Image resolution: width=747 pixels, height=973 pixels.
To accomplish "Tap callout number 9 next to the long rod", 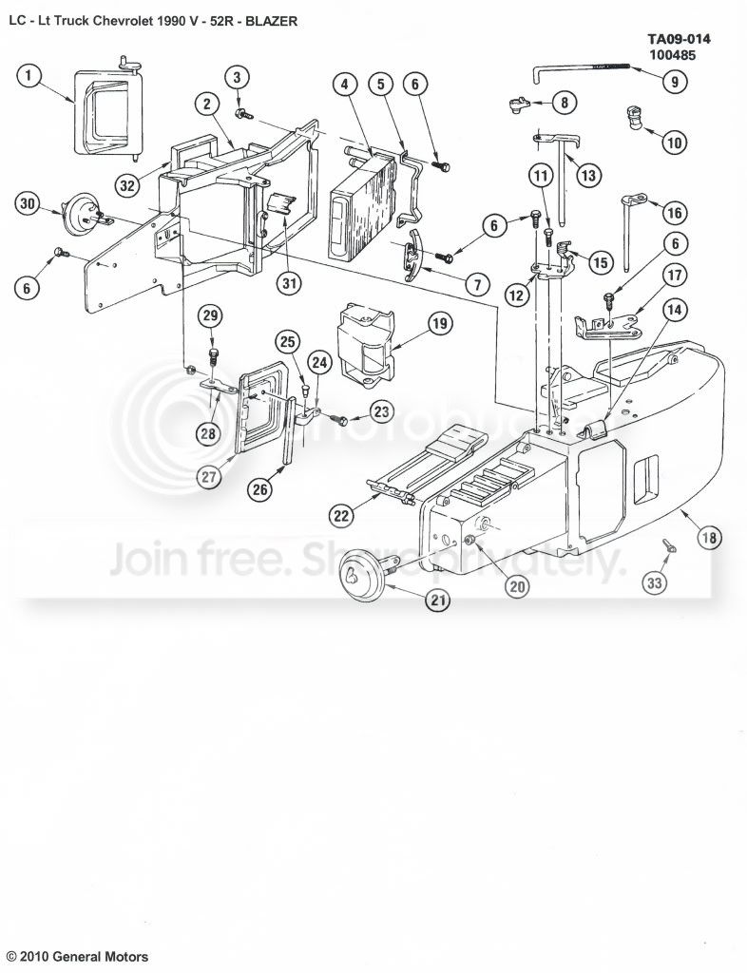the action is pyautogui.click(x=675, y=82).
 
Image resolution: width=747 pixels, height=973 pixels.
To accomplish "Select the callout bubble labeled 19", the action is pyautogui.click(x=439, y=323).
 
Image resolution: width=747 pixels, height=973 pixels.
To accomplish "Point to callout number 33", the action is pyautogui.click(x=655, y=582).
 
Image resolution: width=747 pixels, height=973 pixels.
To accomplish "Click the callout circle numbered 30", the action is pyautogui.click(x=28, y=204).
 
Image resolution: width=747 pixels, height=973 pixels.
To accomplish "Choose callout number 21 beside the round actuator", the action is pyautogui.click(x=439, y=600).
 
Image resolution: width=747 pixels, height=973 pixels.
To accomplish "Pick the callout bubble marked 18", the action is pyautogui.click(x=709, y=537).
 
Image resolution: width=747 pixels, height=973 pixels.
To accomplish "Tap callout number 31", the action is pyautogui.click(x=288, y=283).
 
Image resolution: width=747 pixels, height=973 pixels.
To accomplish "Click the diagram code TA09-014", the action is pyautogui.click(x=680, y=40).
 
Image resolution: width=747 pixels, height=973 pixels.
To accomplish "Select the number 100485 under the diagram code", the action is pyautogui.click(x=673, y=55).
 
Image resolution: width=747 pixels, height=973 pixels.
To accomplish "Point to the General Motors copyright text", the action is pyautogui.click(x=78, y=956).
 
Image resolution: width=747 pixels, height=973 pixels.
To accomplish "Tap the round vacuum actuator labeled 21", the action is pyautogui.click(x=366, y=575).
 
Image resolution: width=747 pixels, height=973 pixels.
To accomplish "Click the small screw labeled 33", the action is pyautogui.click(x=669, y=544).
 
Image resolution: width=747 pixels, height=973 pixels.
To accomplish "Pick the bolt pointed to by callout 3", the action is pyautogui.click(x=242, y=113).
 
